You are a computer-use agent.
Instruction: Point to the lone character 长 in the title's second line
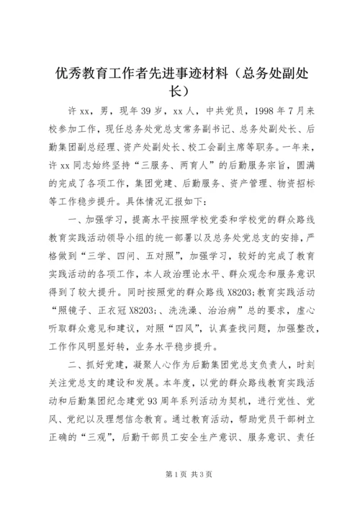179,91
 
